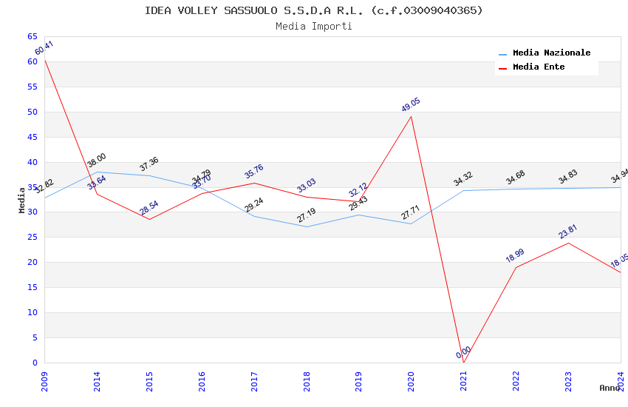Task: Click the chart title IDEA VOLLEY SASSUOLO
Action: click(x=313, y=10)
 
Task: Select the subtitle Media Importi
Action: click(x=313, y=26)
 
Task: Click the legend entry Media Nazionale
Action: click(x=551, y=53)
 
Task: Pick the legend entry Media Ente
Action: click(x=539, y=67)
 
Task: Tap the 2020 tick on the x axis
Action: click(x=412, y=380)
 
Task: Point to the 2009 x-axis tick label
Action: click(x=45, y=380)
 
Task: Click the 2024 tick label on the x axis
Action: click(x=621, y=380)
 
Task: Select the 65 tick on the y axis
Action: click(x=32, y=36)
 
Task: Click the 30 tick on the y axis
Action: click(x=32, y=212)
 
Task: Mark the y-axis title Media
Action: click(x=22, y=200)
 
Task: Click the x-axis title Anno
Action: click(x=610, y=388)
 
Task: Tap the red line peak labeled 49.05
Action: click(x=412, y=116)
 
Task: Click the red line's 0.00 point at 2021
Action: click(x=463, y=363)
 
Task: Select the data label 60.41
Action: click(x=44, y=48)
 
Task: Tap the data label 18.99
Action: click(x=516, y=255)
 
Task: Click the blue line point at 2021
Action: click(x=463, y=190)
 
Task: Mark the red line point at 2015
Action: click(x=149, y=219)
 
